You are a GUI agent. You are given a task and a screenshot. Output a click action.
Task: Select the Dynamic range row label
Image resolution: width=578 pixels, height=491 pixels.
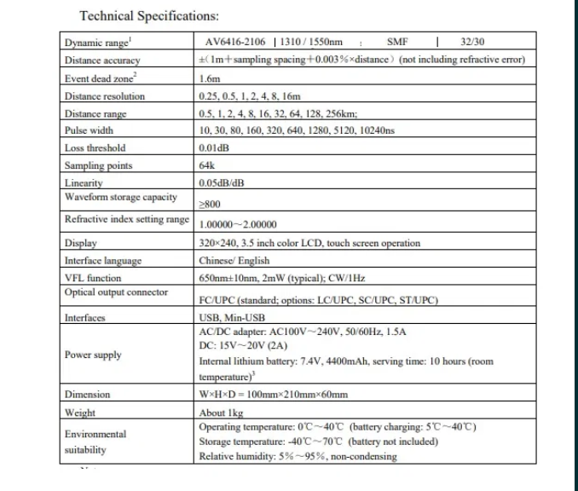(93, 43)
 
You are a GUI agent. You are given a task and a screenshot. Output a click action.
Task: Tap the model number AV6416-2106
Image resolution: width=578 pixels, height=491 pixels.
(236, 42)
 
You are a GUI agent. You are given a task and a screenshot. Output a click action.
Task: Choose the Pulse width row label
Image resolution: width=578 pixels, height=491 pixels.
(89, 130)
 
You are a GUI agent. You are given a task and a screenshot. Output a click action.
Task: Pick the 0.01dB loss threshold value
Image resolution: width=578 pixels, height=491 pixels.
(213, 148)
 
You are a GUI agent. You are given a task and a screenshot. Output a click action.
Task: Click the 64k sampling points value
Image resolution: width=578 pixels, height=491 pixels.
(205, 165)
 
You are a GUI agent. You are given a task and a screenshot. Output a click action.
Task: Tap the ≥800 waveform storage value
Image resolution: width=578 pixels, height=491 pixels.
(210, 205)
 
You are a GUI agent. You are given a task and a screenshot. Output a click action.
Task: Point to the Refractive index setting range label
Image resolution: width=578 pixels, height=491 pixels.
(126, 220)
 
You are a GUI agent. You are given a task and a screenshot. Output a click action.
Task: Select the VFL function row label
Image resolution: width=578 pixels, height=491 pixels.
(93, 278)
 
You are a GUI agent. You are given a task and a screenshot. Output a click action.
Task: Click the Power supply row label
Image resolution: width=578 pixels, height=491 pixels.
(93, 355)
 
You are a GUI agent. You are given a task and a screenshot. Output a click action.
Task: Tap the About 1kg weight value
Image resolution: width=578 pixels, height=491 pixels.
(220, 413)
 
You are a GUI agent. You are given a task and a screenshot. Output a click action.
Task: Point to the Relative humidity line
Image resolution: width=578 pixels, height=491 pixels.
(298, 457)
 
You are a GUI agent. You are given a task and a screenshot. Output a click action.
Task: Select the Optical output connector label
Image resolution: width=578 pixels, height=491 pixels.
(116, 292)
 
